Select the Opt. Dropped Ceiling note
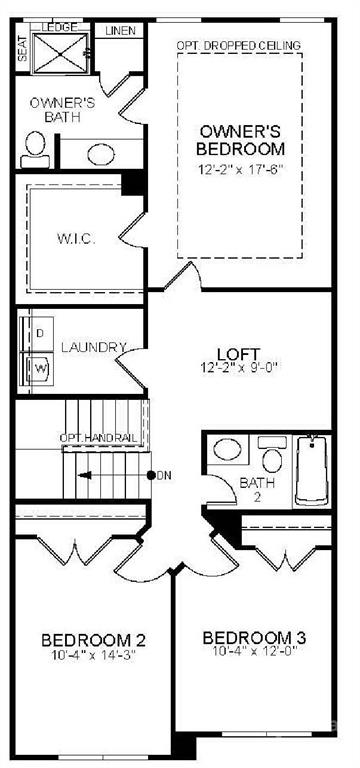[x=237, y=46]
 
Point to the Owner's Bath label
[x=62, y=109]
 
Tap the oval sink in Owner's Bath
[x=100, y=154]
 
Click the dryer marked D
[x=40, y=332]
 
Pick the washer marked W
[x=41, y=367]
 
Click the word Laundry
[x=93, y=348]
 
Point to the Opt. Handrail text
[x=98, y=438]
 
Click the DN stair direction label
[x=164, y=475]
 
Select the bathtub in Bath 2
[x=311, y=471]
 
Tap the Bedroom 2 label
[x=87, y=639]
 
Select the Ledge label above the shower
[x=59, y=27]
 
